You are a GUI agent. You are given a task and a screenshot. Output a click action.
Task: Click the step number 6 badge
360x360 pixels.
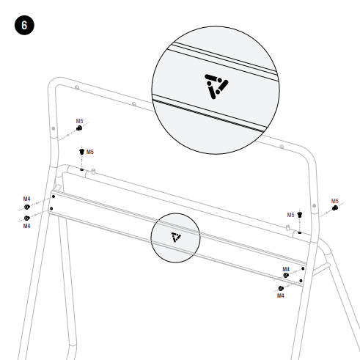click(24, 25)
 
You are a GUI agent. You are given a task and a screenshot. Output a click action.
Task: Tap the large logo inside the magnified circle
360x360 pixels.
click(216, 87)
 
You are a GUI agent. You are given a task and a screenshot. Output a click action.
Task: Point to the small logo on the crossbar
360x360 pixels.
click(176, 237)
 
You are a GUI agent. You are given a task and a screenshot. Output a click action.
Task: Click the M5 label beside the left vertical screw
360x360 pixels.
click(90, 152)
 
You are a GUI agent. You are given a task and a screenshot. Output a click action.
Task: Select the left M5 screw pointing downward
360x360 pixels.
click(81, 152)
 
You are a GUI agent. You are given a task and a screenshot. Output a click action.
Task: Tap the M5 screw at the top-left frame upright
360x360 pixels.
click(79, 128)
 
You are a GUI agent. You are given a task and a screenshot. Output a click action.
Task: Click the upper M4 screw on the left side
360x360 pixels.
click(27, 207)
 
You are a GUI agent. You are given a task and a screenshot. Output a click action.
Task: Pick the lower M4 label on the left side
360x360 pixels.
click(26, 226)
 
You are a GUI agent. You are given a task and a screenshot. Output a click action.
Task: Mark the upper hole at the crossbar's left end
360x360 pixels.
click(54, 196)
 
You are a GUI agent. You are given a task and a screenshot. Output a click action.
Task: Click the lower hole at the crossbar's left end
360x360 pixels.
click(51, 208)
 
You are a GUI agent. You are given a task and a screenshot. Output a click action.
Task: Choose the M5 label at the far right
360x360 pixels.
click(335, 201)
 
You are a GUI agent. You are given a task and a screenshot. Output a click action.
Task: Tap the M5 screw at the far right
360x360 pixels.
click(335, 208)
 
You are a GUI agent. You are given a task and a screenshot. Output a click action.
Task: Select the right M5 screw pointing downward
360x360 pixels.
click(300, 215)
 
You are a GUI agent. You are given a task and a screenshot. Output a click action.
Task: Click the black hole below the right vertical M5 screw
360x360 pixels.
click(300, 232)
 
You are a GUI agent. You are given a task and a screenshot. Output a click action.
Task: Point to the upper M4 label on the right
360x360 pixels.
click(286, 269)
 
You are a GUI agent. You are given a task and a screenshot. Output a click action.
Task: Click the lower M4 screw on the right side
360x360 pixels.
click(281, 289)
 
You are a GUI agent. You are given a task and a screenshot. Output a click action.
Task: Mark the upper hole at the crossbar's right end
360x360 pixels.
click(303, 268)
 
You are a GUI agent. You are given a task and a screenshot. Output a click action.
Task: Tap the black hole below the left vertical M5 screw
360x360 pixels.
click(82, 169)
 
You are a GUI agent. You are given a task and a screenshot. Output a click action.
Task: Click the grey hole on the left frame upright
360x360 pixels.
click(54, 128)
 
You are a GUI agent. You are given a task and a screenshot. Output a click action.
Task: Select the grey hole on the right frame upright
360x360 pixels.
click(315, 206)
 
